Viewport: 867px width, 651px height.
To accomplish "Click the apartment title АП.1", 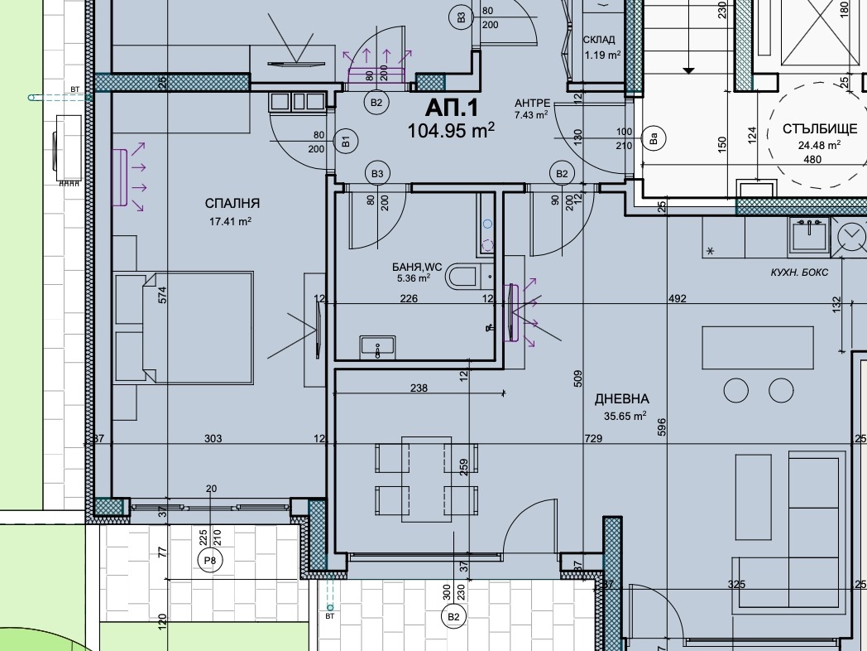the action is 451,108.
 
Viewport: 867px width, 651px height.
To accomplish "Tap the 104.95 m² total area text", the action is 451,131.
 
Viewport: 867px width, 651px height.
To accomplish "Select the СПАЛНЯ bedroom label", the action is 232,203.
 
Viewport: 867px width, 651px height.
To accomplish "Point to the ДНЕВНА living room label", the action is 622,398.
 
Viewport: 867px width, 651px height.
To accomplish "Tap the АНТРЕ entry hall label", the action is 533,103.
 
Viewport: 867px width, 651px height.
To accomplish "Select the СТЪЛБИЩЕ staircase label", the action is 820,129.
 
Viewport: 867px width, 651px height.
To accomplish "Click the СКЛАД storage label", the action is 599,40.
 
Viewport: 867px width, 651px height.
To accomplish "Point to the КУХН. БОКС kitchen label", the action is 799,272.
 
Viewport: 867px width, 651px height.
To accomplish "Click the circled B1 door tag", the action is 346,142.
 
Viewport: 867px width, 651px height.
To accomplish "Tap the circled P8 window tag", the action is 210,560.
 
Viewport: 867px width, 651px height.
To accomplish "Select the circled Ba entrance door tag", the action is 654,137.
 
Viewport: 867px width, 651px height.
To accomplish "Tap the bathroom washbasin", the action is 377,346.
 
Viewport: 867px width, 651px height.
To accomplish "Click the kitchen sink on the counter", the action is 809,235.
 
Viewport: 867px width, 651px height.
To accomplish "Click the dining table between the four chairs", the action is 427,480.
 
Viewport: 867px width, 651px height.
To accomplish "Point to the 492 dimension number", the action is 678,298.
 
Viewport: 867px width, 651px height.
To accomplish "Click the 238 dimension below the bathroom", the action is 419,388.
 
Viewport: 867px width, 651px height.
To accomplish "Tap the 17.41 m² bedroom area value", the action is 230,221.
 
